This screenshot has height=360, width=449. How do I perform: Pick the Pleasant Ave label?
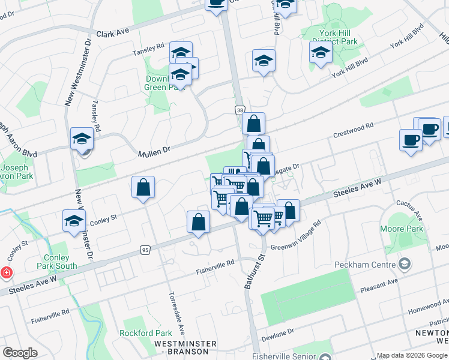coord(379,284)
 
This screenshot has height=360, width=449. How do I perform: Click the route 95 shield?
coord(145,250)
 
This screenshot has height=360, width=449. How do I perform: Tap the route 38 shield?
coord(240,110)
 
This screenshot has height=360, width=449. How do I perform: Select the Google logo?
coord(20,353)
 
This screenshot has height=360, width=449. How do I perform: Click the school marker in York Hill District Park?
coord(321,52)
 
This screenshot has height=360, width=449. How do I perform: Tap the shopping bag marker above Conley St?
coord(143,187)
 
